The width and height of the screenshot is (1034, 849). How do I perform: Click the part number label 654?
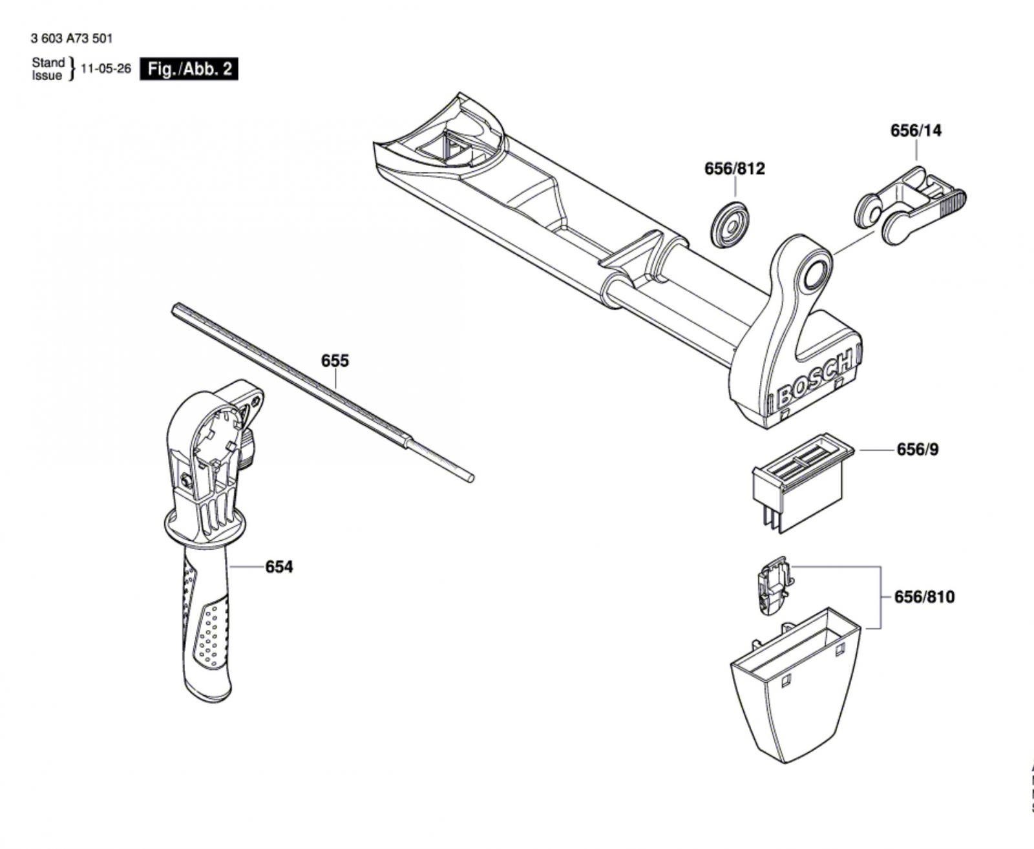point(279,567)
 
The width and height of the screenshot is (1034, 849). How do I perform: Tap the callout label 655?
point(335,361)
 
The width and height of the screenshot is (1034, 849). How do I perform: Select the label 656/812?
point(734,169)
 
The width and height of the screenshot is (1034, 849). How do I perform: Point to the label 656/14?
point(916,131)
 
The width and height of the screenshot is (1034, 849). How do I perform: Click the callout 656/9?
point(917,449)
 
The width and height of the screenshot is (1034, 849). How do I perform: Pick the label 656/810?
point(923,596)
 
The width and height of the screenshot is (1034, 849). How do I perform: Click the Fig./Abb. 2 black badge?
point(189,69)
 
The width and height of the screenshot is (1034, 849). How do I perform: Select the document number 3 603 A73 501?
point(71,39)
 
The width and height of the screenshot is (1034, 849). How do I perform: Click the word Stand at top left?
point(48,63)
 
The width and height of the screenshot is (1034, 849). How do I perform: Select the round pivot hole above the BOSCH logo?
point(814,275)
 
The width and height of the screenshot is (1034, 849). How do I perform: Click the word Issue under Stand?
point(47,76)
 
